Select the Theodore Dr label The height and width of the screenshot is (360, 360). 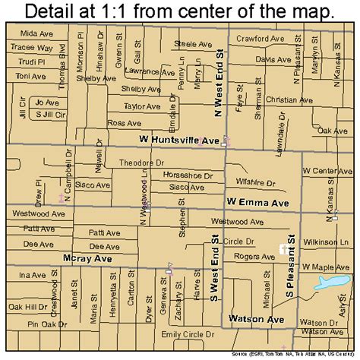[x=141, y=163]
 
